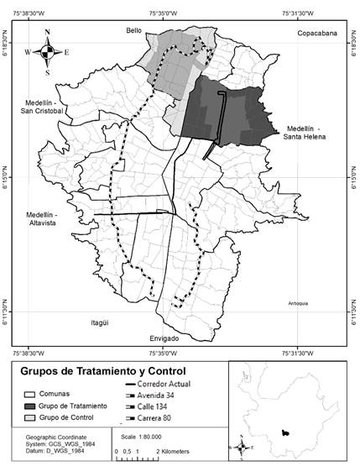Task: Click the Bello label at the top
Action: [134, 30]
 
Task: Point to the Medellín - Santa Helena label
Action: [310, 131]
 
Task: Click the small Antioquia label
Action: [298, 303]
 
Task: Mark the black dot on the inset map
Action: [286, 432]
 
